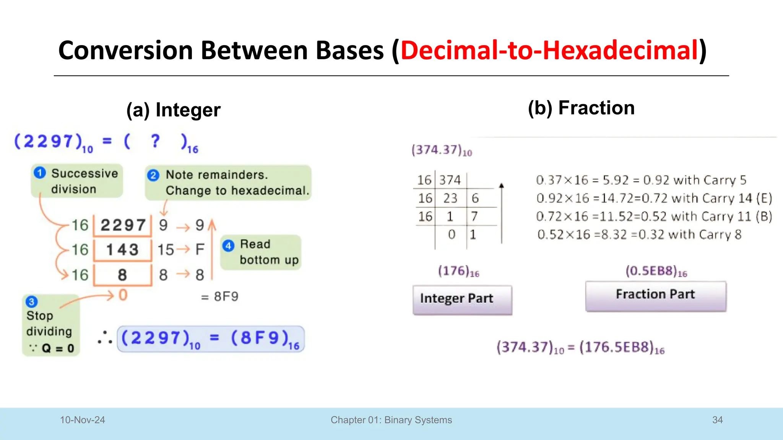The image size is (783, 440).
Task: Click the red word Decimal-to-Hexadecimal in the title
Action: click(x=549, y=50)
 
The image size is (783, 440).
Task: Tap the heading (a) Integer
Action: click(x=173, y=110)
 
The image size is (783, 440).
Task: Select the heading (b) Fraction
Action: click(x=581, y=108)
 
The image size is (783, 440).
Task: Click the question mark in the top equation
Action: click(x=155, y=141)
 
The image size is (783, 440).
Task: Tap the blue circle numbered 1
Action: click(x=40, y=173)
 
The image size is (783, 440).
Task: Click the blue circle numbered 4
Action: click(x=228, y=246)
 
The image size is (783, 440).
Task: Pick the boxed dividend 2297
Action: click(x=123, y=225)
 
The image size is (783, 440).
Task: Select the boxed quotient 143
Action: click(x=122, y=250)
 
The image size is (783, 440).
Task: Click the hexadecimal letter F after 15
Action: click(x=200, y=250)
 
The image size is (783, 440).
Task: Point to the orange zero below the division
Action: click(x=123, y=295)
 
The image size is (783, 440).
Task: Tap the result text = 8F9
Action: click(x=220, y=296)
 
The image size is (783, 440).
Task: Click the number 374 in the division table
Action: click(x=450, y=180)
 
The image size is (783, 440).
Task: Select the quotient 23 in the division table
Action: click(x=450, y=198)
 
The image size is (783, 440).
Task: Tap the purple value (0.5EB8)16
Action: click(x=656, y=271)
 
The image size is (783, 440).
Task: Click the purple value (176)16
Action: click(x=458, y=271)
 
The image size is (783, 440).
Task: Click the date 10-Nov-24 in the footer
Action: click(x=83, y=420)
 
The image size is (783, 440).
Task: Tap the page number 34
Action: click(x=717, y=420)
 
